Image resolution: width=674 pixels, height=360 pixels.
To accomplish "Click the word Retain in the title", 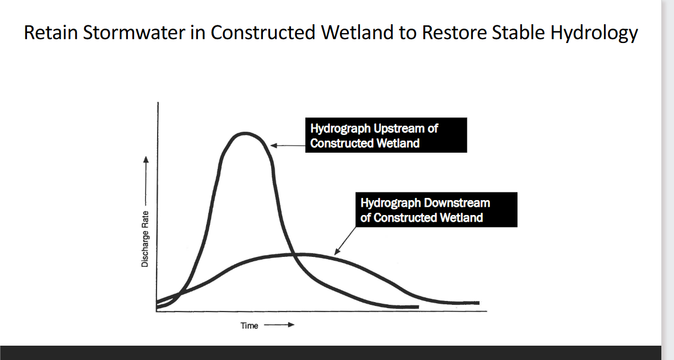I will [x=51, y=33].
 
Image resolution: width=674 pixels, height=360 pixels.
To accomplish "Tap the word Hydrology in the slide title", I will [x=594, y=33].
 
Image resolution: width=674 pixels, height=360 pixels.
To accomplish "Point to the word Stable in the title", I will [x=519, y=33].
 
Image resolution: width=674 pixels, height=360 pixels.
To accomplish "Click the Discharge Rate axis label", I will [x=145, y=239].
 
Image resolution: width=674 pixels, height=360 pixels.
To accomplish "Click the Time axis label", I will [x=249, y=326].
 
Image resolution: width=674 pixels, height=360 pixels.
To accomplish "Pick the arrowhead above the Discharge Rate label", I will [x=145, y=160].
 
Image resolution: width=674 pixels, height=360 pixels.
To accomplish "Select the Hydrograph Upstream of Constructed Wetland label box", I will [x=386, y=136].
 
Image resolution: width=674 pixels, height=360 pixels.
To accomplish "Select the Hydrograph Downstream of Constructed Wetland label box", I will [x=435, y=210].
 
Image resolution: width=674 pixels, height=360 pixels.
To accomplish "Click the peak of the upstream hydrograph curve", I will [x=245, y=133].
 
